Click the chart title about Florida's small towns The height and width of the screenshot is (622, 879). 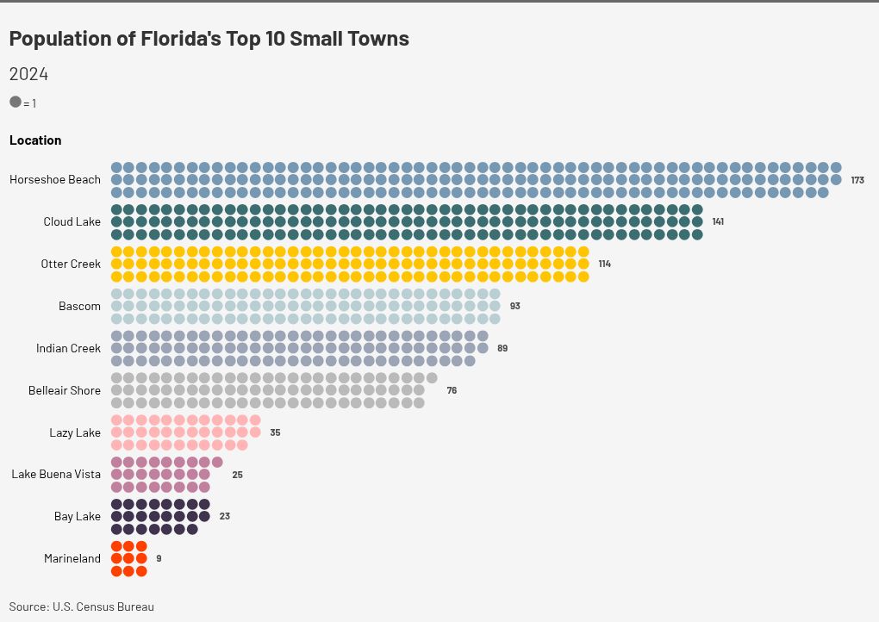(x=209, y=39)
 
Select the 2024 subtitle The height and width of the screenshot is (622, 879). (x=28, y=74)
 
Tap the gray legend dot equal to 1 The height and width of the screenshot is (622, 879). (x=16, y=102)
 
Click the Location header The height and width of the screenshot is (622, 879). (x=35, y=140)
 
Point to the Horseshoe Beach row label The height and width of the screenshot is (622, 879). (x=55, y=180)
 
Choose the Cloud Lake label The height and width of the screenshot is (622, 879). (x=72, y=222)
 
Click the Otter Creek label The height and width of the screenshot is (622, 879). (x=71, y=264)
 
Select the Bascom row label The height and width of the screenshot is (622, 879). (x=79, y=306)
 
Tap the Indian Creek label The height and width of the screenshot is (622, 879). (x=68, y=348)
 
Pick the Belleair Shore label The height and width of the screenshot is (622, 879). (x=65, y=390)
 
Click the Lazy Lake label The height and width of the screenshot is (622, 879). (x=75, y=432)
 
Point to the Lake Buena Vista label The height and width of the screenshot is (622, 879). (x=56, y=475)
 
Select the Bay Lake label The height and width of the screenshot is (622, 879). (x=78, y=517)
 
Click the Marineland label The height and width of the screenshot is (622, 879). (x=72, y=559)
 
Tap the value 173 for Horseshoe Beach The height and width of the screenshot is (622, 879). (x=857, y=180)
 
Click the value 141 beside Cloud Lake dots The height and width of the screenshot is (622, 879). (x=718, y=222)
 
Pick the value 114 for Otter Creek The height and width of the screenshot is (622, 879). (x=604, y=264)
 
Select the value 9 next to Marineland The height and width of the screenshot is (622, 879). (x=159, y=559)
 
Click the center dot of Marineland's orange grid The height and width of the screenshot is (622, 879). (x=129, y=558)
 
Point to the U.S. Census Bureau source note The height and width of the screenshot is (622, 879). (x=82, y=606)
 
